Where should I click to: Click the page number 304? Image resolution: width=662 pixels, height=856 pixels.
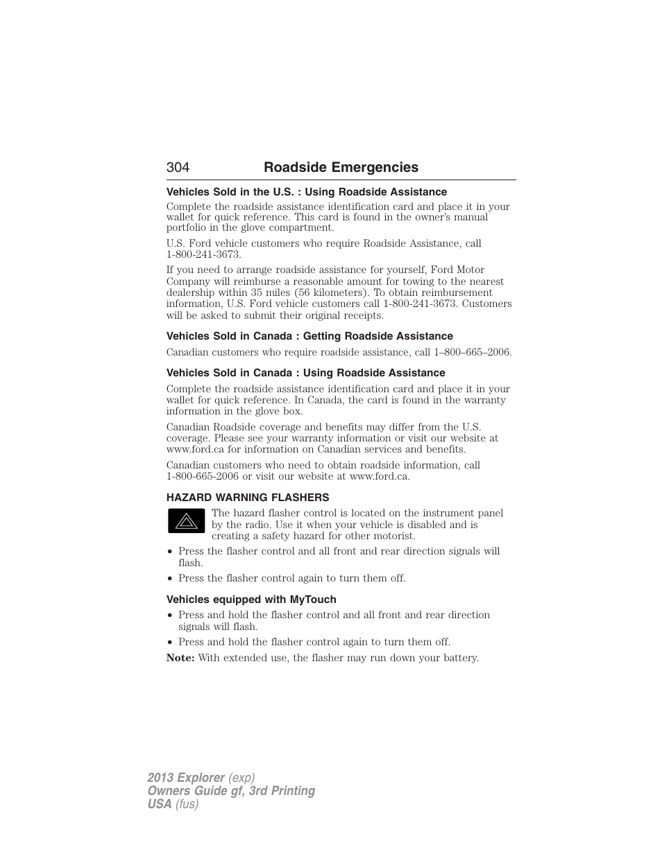tap(178, 167)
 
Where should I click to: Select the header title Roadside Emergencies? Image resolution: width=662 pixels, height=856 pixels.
tap(341, 167)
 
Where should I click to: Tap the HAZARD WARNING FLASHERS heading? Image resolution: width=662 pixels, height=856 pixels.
tap(248, 498)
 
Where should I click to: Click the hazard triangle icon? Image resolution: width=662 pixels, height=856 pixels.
tap(186, 521)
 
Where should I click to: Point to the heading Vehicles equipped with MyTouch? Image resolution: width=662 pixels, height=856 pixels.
tap(251, 600)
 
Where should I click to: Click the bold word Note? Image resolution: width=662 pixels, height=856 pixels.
tap(180, 658)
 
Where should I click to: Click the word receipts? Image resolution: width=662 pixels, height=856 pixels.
tap(359, 315)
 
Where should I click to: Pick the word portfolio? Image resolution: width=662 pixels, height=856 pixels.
tap(187, 227)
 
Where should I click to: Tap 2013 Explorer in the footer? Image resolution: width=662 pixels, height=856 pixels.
tap(186, 778)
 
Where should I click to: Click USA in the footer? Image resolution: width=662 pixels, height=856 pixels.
tap(159, 804)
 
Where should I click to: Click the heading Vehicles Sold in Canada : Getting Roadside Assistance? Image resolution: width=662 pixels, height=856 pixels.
tap(309, 336)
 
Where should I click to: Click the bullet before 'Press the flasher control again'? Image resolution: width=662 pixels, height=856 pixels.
tap(170, 579)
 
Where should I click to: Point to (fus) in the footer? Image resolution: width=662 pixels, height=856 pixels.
tap(187, 804)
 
